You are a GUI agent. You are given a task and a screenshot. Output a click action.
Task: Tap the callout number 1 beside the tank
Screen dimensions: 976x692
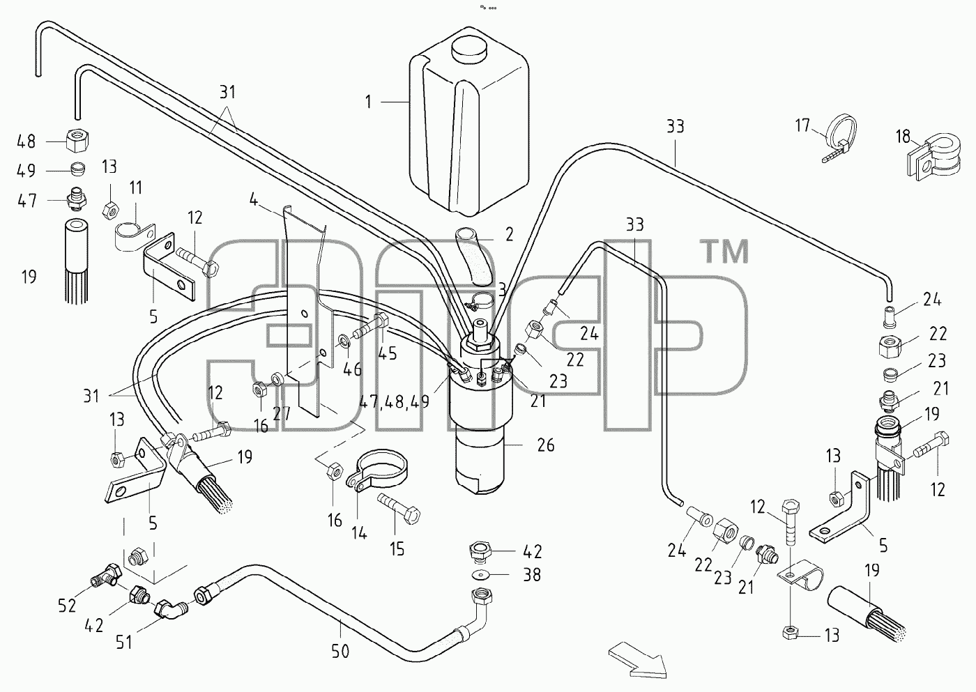tap(369, 102)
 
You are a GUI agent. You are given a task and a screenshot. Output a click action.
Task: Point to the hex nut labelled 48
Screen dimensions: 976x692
tap(78, 141)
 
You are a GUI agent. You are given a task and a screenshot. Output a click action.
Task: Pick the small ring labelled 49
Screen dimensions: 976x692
tap(77, 169)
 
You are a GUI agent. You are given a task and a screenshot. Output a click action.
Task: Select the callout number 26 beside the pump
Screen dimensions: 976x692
tap(545, 445)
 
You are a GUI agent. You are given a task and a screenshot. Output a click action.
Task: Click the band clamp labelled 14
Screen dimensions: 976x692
tap(377, 471)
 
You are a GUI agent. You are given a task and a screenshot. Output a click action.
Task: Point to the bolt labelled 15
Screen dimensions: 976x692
tap(398, 509)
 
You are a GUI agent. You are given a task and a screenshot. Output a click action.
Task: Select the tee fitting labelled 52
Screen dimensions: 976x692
tap(106, 576)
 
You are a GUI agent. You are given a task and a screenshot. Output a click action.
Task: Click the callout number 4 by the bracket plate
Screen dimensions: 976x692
tap(254, 200)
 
